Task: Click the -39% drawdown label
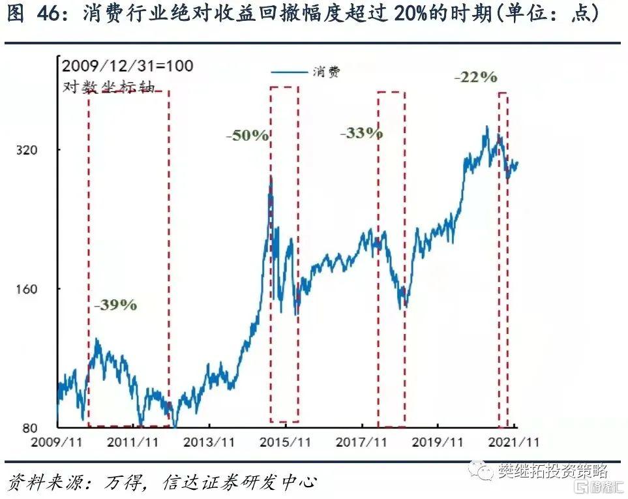[115, 305]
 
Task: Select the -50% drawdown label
[247, 136]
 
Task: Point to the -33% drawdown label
[361, 133]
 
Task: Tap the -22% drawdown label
[475, 77]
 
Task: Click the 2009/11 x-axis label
[57, 442]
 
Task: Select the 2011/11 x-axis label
[133, 442]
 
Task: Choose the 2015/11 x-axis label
[285, 442]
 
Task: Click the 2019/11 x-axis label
[438, 442]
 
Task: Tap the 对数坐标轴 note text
[108, 86]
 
